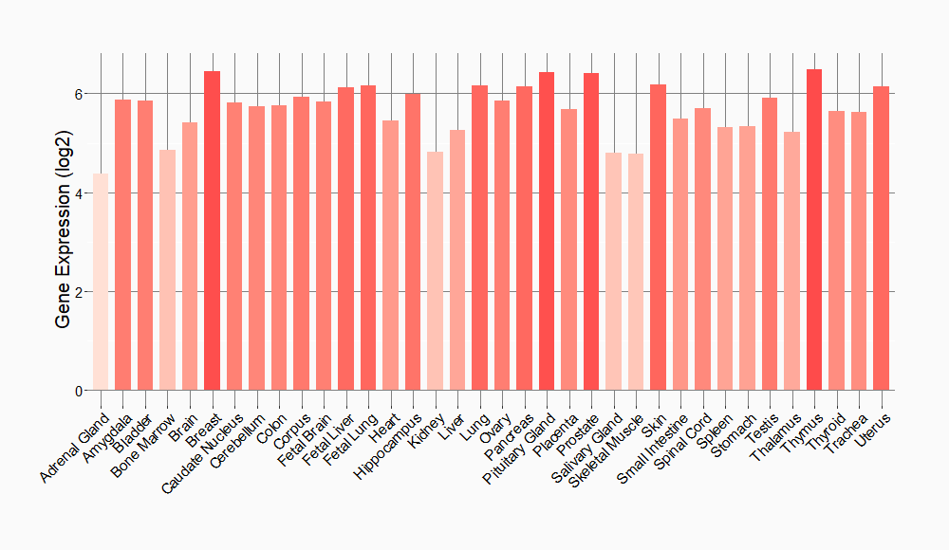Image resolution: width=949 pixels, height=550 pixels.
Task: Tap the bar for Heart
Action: click(390, 255)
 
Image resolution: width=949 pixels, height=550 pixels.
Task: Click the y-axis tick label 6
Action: click(80, 94)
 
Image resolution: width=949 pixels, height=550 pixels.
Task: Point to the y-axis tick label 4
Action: click(80, 193)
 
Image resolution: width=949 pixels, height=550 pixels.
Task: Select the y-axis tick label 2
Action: click(80, 292)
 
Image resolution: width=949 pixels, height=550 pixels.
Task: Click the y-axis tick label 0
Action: click(80, 391)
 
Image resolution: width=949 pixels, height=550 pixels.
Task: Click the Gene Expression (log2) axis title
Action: click(64, 243)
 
